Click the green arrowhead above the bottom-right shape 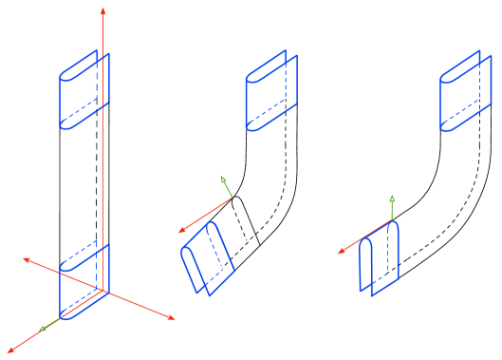click(392, 199)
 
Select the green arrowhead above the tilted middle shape click(223, 180)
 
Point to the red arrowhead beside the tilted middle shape click(182, 231)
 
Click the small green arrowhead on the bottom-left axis click(43, 329)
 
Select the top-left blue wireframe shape click(84, 90)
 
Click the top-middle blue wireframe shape click(270, 93)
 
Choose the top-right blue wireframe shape click(466, 91)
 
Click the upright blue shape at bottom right click(379, 258)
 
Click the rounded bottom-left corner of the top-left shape click(64, 124)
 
